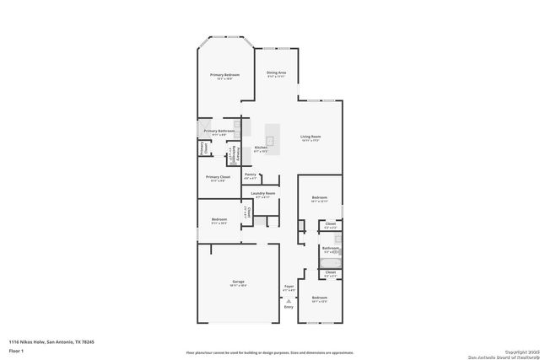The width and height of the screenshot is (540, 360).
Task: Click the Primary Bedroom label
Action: [x=224, y=75]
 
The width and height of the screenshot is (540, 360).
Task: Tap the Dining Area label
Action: [x=276, y=73]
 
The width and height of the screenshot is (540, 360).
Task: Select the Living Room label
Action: [x=311, y=137]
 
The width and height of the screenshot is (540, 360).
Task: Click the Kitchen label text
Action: [x=261, y=148]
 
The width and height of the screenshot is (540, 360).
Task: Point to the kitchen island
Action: [x=273, y=134]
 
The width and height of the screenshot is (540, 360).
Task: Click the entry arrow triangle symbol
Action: [x=289, y=299]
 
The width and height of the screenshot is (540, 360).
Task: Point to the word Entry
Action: [x=289, y=307]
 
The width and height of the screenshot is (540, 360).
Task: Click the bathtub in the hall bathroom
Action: [x=329, y=263]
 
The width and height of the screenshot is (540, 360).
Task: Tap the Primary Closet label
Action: [x=218, y=177]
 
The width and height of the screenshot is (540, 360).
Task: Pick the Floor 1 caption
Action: [x=17, y=349]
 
